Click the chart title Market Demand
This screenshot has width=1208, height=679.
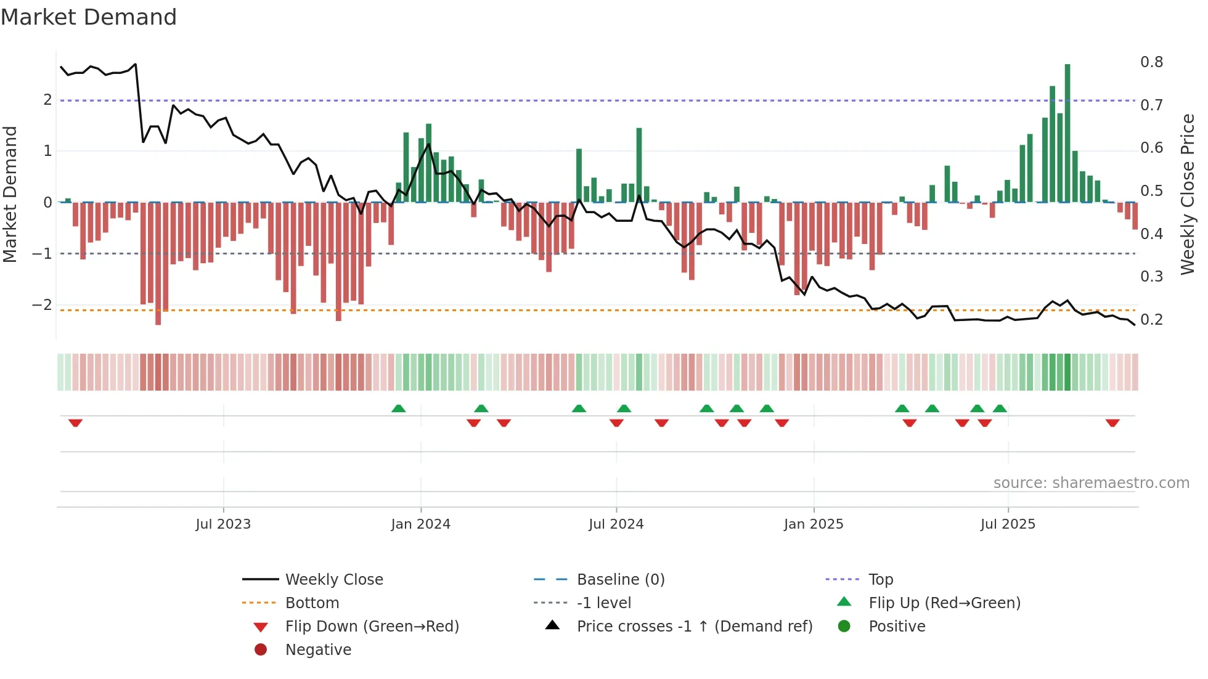pos(89,17)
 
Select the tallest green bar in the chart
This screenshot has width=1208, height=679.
pos(1067,132)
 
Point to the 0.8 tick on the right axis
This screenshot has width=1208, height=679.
pos(1151,62)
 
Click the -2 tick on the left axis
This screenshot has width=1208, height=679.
pos(42,305)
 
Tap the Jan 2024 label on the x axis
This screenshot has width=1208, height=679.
pos(420,524)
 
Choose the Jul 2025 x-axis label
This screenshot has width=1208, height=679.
pos(1008,524)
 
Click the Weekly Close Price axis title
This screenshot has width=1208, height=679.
pos(1187,194)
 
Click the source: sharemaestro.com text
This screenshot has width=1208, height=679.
pos(1091,483)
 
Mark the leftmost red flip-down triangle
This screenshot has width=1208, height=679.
pos(75,423)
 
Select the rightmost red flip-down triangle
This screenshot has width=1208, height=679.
pos(1112,423)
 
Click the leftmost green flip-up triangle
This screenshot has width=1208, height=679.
pos(399,409)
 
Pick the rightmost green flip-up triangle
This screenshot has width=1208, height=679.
pos(1000,409)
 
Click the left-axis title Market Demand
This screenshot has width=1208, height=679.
pos(10,194)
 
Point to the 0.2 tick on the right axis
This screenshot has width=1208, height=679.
pos(1151,320)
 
